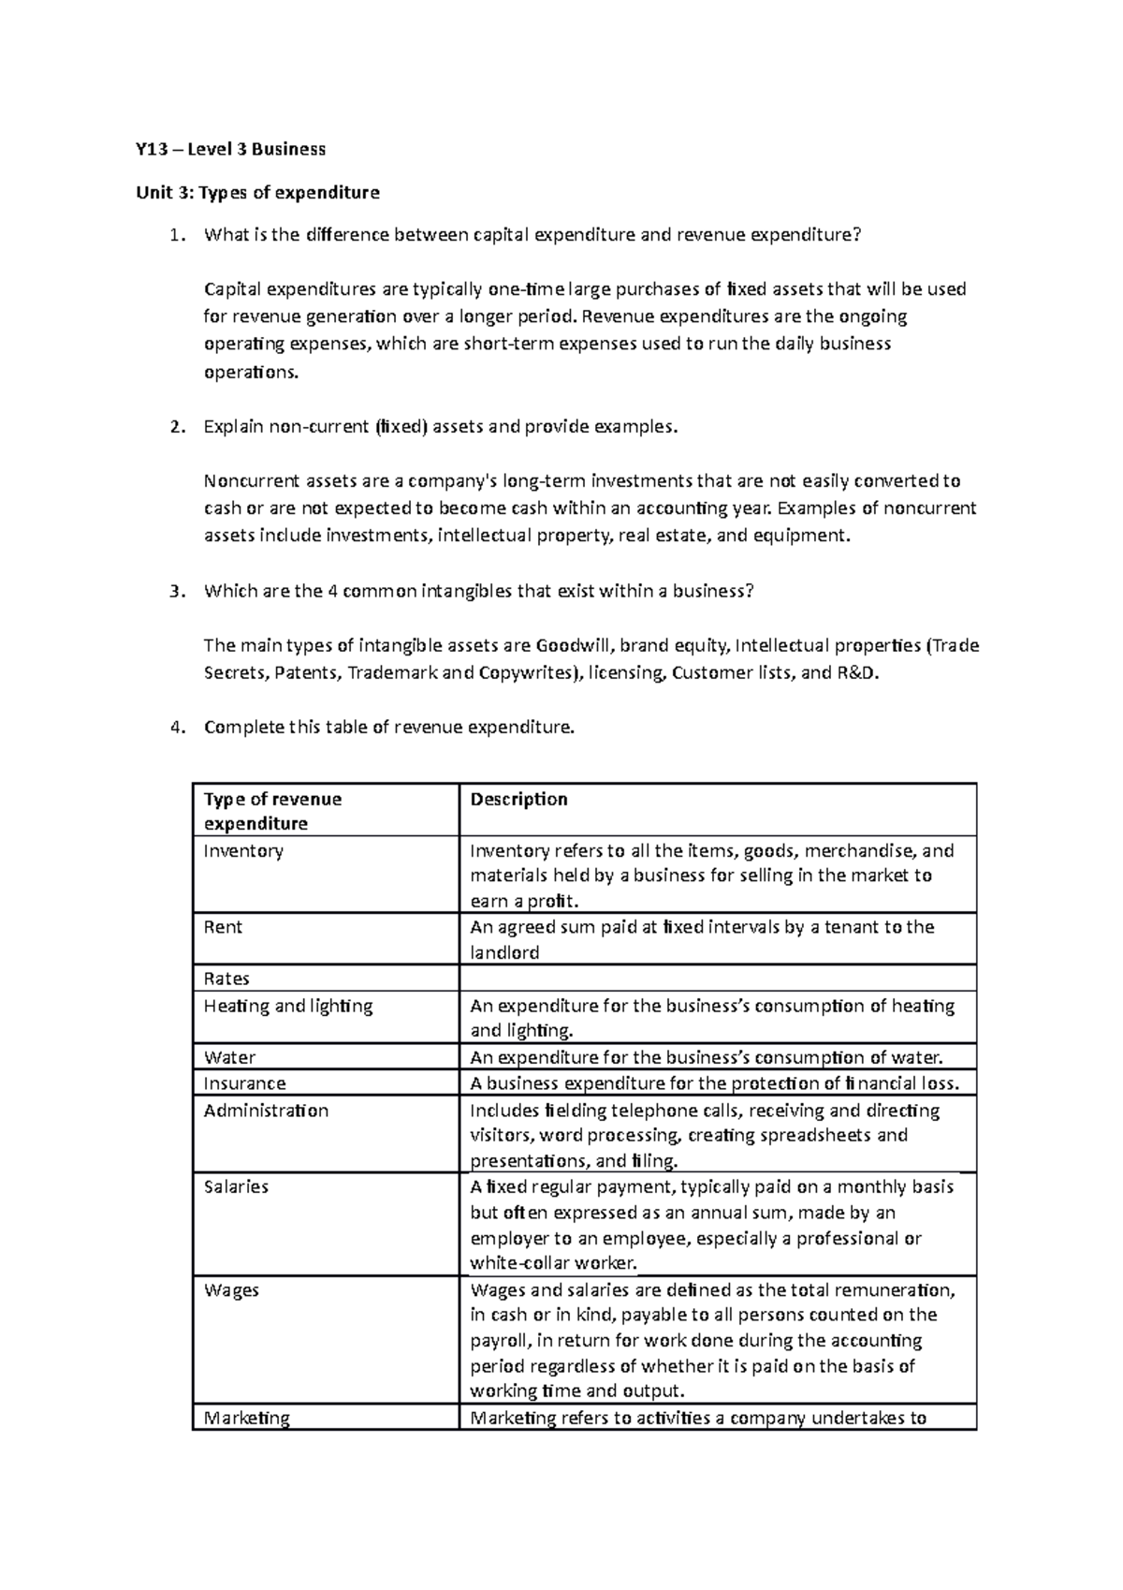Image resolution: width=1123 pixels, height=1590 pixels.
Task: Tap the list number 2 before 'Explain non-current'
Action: click(176, 427)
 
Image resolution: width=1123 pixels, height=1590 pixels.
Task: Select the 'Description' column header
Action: click(518, 799)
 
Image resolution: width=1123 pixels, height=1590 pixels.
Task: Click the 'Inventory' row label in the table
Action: click(243, 851)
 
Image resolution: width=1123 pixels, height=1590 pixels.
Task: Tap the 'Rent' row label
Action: click(223, 927)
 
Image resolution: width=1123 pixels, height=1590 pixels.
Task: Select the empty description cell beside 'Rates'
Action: click(717, 979)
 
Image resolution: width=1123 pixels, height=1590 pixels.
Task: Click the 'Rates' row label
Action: click(226, 979)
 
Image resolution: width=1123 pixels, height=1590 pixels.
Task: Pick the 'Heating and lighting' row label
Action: click(288, 1006)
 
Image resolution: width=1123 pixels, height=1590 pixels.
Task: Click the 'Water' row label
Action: click(229, 1057)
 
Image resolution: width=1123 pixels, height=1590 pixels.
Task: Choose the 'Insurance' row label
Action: click(245, 1083)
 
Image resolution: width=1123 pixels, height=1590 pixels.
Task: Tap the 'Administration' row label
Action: click(266, 1111)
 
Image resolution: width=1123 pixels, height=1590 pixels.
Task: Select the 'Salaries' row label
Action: click(236, 1186)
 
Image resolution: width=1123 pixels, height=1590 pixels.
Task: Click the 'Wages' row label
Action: click(231, 1289)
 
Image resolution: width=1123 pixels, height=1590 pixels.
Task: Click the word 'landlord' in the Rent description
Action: click(504, 952)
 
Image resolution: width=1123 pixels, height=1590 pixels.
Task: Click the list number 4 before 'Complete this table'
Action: click(176, 728)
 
